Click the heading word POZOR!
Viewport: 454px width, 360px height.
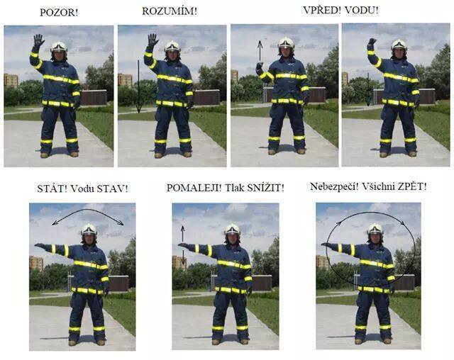59,13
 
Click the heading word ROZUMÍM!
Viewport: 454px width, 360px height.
170,11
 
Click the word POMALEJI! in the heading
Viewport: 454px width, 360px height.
194,188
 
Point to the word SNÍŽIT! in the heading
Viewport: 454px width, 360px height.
266,188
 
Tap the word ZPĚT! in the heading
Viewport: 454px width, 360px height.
412,186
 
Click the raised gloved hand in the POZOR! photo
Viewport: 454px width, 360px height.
38,40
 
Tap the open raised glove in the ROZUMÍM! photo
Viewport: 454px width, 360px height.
153,40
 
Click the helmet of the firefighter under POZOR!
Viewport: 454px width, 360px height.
59,47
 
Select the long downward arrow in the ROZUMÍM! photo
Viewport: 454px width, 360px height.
138,86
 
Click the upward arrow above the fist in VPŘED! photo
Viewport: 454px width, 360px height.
260,51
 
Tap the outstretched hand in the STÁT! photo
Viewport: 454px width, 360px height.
40,246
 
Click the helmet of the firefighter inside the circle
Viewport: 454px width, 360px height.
375,229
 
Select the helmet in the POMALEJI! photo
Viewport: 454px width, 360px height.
232,230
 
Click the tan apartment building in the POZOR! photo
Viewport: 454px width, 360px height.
11,80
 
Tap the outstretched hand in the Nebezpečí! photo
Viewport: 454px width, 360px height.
328,245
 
